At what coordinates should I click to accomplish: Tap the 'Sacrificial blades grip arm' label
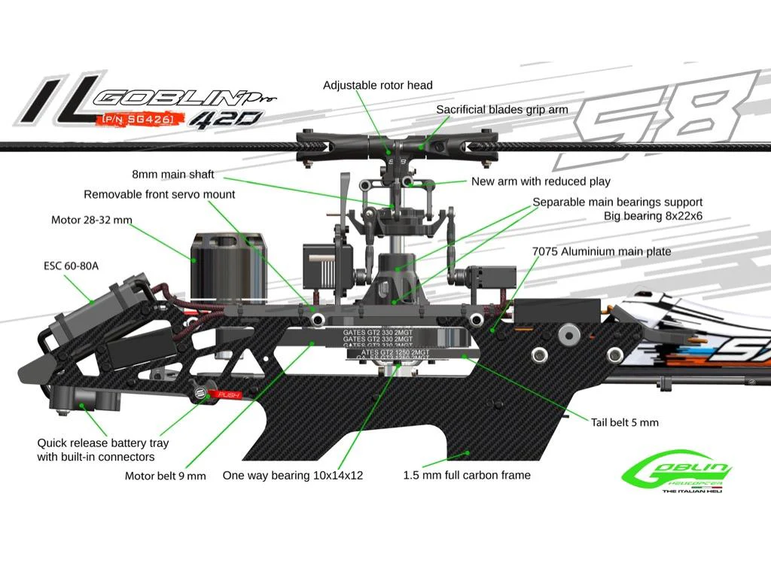[502, 110]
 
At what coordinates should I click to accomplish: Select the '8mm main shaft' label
[173, 175]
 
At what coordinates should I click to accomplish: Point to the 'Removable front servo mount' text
[160, 194]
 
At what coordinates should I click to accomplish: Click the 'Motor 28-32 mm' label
[91, 220]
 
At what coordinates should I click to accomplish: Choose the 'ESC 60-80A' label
[64, 266]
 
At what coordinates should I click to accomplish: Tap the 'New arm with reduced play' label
[541, 181]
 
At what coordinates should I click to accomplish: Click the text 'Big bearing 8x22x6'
[653, 216]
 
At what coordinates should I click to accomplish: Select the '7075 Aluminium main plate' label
[601, 251]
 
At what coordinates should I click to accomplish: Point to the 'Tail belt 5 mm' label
[624, 422]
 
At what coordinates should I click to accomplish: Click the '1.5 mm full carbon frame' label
[467, 475]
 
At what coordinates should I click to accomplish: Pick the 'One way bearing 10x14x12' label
[293, 476]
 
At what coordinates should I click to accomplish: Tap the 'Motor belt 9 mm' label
[165, 476]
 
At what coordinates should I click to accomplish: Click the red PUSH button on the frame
[227, 394]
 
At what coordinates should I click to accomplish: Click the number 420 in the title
[225, 118]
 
